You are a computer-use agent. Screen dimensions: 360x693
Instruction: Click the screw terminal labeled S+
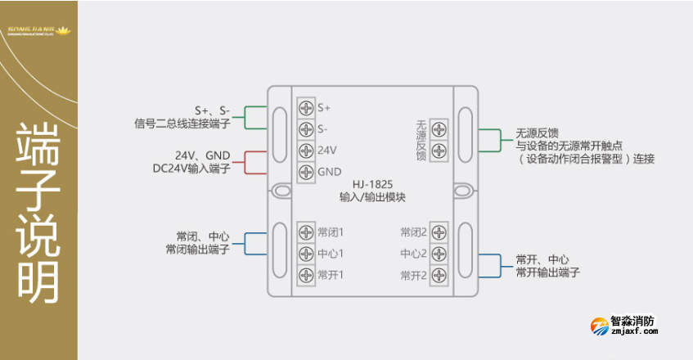306,108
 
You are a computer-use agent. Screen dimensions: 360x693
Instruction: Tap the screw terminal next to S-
306,129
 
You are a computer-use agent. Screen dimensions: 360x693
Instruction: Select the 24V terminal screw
306,151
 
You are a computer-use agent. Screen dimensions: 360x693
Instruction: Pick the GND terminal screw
306,172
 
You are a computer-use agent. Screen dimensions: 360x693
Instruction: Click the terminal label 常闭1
331,232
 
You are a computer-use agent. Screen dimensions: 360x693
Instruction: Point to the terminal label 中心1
331,254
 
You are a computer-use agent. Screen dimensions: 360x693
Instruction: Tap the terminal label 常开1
331,275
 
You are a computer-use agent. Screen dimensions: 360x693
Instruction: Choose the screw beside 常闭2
439,232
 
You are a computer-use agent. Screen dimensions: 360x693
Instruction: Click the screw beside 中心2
439,254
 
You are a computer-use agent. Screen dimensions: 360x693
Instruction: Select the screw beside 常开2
439,275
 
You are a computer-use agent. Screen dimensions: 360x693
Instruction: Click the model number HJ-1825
372,185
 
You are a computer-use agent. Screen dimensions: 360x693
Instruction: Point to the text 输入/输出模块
372,197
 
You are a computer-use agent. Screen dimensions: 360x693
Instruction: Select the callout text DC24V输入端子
196,169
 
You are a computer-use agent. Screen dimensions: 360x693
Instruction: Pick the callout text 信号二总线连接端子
182,124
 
